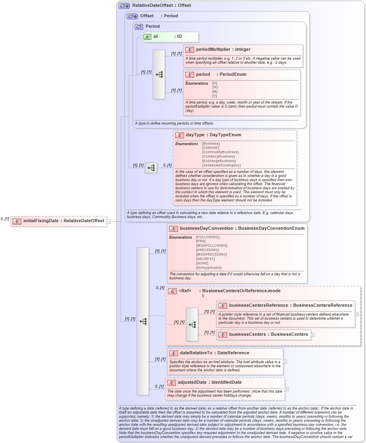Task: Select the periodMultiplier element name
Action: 213,50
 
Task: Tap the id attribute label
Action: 155,37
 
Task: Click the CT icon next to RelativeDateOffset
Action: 124,6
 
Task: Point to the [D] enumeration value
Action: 215,83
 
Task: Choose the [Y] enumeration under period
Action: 215,96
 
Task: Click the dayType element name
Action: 195,135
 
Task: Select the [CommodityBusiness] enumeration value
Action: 220,152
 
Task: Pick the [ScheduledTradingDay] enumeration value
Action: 221,165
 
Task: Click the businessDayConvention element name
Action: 206,228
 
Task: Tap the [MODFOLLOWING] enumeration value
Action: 211,245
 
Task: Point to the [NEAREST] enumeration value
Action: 206,259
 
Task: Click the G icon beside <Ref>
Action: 172,291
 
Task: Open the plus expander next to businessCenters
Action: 313,335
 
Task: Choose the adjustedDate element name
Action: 192,383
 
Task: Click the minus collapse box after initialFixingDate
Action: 109,221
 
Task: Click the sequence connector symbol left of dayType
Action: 151,168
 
